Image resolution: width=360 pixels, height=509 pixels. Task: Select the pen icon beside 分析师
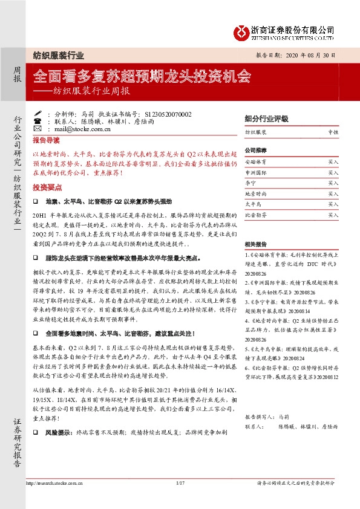[38, 113]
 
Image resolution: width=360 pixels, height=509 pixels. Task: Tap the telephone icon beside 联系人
[38, 121]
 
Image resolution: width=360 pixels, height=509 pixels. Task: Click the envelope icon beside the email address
[38, 129]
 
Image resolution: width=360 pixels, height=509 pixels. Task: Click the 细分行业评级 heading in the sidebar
[267, 118]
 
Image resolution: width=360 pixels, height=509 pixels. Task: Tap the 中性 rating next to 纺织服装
[333, 131]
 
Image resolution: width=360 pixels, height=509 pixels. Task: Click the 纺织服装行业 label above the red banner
[57, 55]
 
